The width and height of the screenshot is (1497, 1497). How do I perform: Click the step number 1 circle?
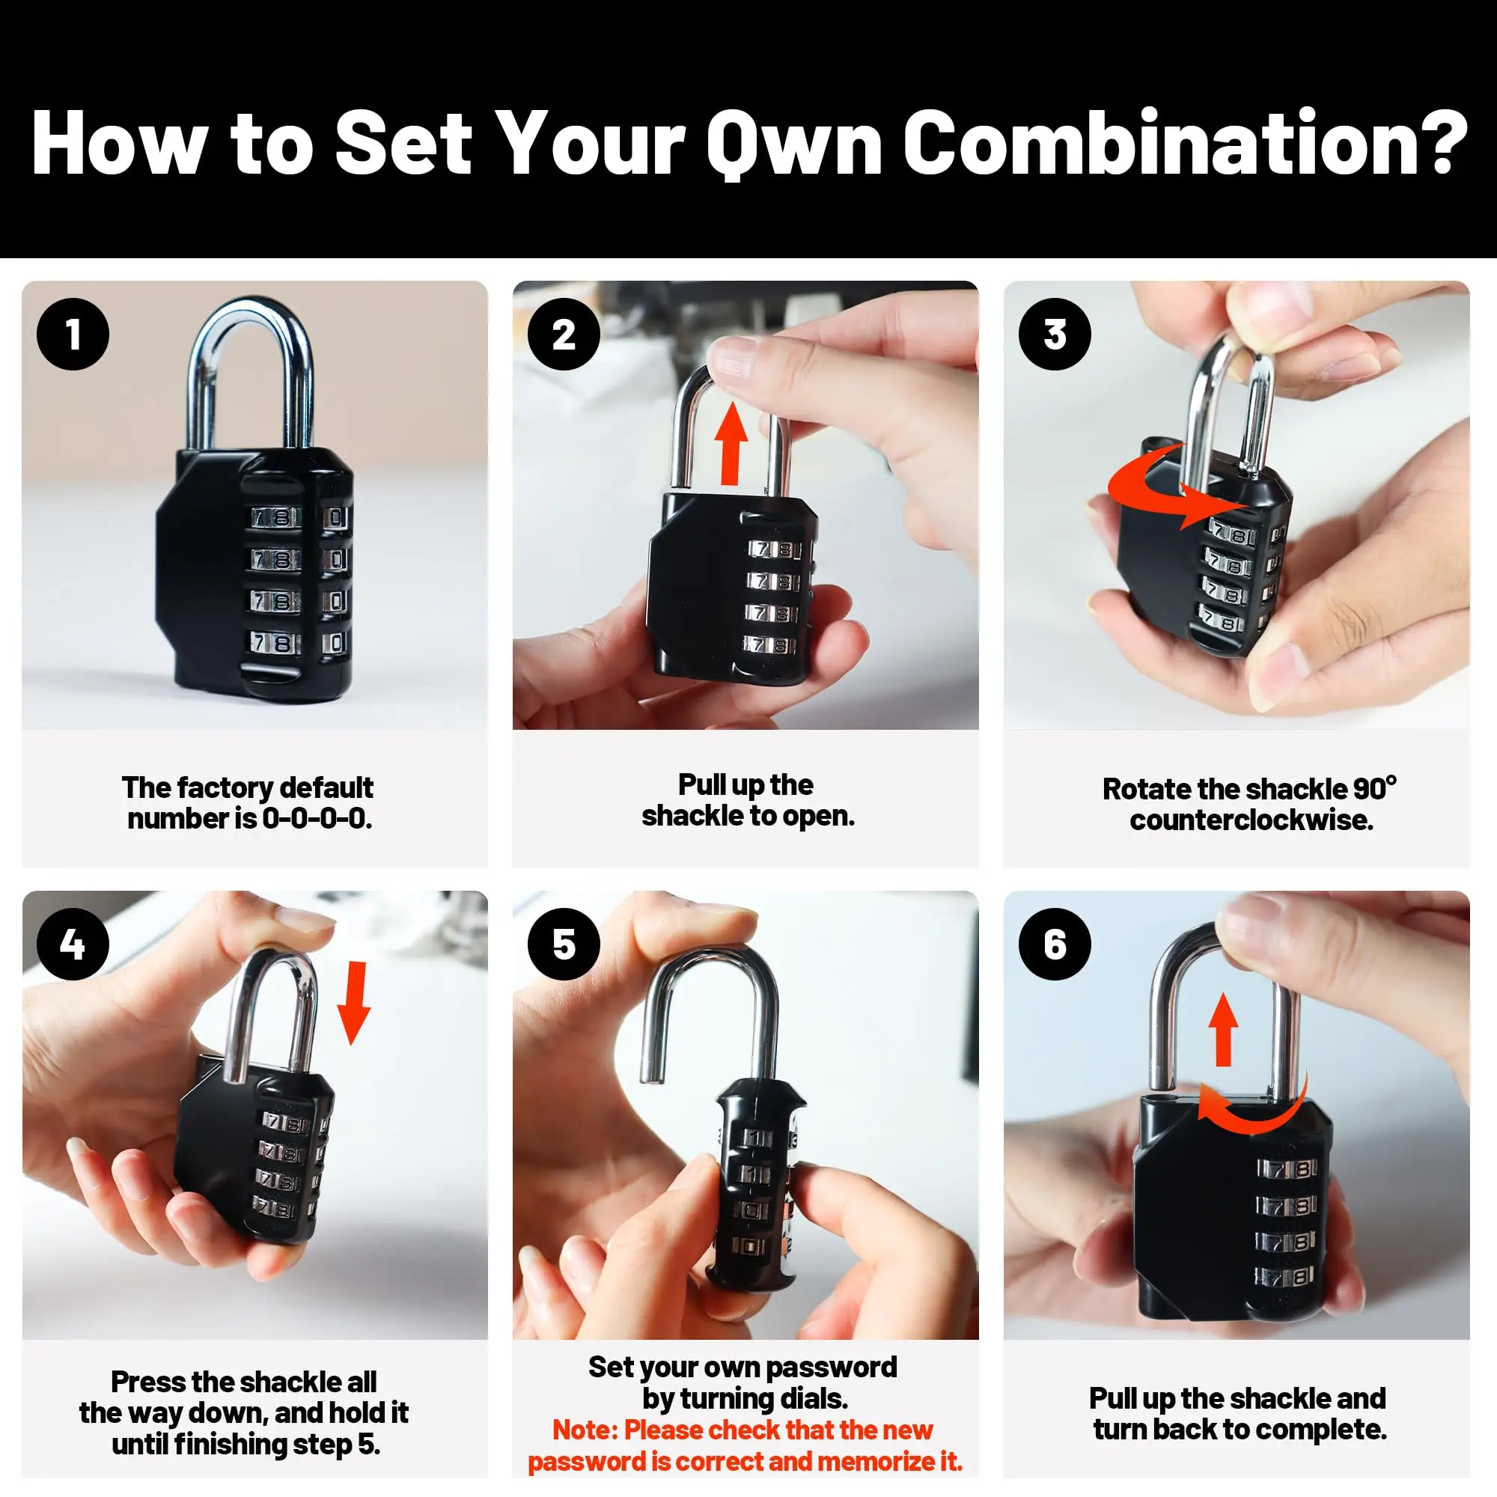(73, 334)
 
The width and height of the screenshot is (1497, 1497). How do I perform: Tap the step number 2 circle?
(564, 334)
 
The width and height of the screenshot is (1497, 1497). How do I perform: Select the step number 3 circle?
(1055, 334)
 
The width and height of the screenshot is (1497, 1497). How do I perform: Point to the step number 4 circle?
(73, 944)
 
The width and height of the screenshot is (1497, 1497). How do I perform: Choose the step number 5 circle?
(564, 944)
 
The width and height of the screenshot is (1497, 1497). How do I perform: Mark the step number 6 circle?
(1055, 944)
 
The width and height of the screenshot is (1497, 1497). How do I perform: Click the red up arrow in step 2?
(730, 447)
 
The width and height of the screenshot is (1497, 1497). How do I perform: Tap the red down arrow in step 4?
(355, 1003)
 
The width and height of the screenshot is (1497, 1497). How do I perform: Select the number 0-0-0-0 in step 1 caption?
(317, 818)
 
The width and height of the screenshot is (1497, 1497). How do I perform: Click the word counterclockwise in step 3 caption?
(1251, 820)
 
